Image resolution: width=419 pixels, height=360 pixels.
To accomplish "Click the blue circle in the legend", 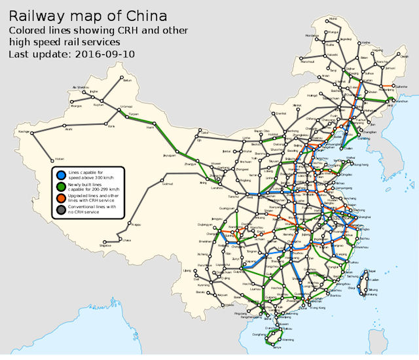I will [x=61, y=174].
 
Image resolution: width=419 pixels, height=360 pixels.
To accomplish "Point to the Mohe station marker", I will [x=327, y=19].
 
